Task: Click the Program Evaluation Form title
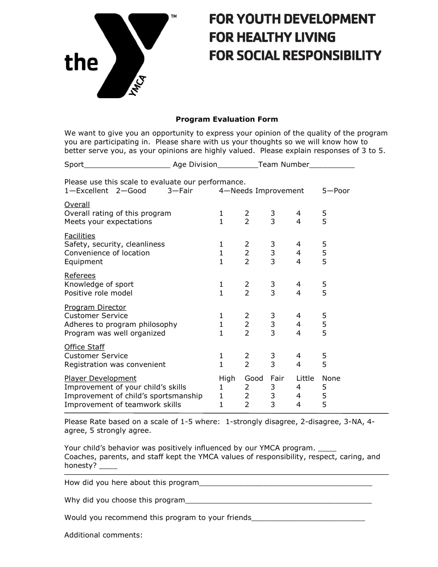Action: [x=226, y=119]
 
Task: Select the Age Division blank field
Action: [x=237, y=165]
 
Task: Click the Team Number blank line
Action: [x=332, y=165]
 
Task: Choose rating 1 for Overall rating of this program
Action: [x=221, y=213]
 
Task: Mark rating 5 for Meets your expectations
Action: [x=325, y=222]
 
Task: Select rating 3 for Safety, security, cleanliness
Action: [x=273, y=244]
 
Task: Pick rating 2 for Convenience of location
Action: [x=247, y=253]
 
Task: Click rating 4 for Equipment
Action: [x=299, y=262]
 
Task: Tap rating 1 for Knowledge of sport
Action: [x=221, y=284]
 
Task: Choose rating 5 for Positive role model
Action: [x=325, y=293]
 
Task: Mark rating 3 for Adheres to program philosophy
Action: [x=273, y=325]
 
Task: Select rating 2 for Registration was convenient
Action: [x=247, y=365]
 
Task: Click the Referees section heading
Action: [x=80, y=276]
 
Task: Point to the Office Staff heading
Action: [x=84, y=347]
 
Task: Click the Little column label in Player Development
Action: [x=305, y=378]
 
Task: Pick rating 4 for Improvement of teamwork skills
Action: [x=299, y=405]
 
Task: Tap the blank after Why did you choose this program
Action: [x=278, y=501]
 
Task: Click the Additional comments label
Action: [x=103, y=535]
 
